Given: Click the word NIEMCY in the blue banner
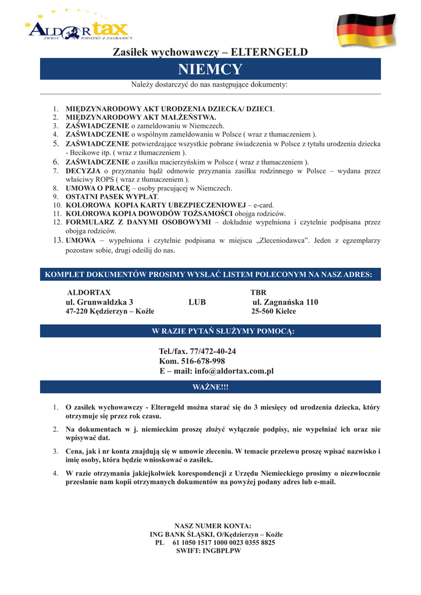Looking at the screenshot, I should click(210, 70).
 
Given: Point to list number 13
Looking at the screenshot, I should click(58, 241).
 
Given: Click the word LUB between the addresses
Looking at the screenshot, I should click(197, 302).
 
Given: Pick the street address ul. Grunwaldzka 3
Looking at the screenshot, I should click(99, 302).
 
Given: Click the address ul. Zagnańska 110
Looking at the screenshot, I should click(285, 302).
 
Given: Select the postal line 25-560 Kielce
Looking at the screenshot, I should click(273, 312).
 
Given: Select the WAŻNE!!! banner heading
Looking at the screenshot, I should click(210, 386).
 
